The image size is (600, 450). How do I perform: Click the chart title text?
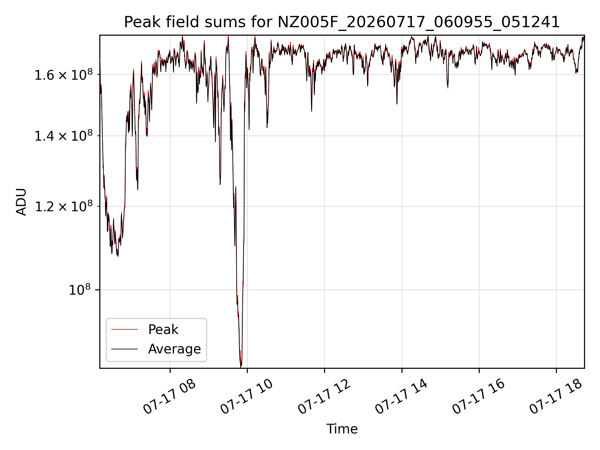342,22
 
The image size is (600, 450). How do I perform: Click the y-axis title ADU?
21,202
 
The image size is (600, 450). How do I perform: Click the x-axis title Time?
342,429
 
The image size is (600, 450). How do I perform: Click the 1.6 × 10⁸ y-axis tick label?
64,75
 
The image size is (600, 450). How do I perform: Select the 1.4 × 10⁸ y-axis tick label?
64,136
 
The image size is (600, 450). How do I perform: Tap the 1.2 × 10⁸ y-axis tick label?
64,207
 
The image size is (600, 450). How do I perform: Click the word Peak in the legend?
163,330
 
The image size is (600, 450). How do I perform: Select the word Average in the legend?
174,349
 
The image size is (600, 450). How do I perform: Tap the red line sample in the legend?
124,329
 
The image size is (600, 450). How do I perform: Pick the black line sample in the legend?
124,349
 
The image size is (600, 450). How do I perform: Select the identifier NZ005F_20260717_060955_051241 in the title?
419,22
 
